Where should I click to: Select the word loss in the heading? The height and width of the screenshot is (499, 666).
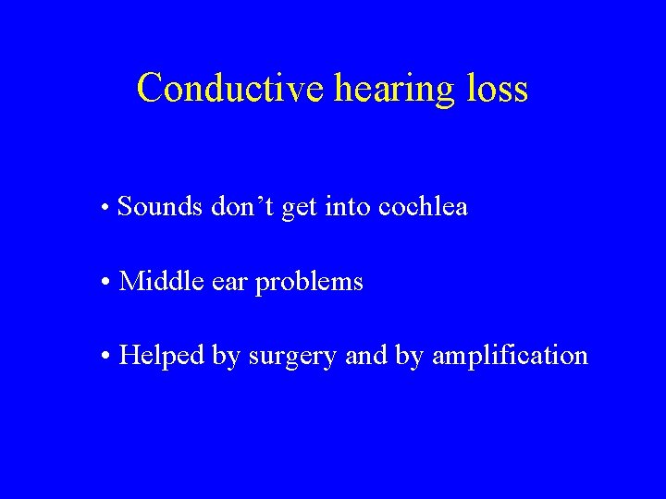coord(497,89)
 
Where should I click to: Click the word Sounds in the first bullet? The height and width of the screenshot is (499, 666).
coord(161,207)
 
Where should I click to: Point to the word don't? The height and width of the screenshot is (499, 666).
coord(242,207)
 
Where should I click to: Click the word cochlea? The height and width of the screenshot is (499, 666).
coord(423,207)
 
